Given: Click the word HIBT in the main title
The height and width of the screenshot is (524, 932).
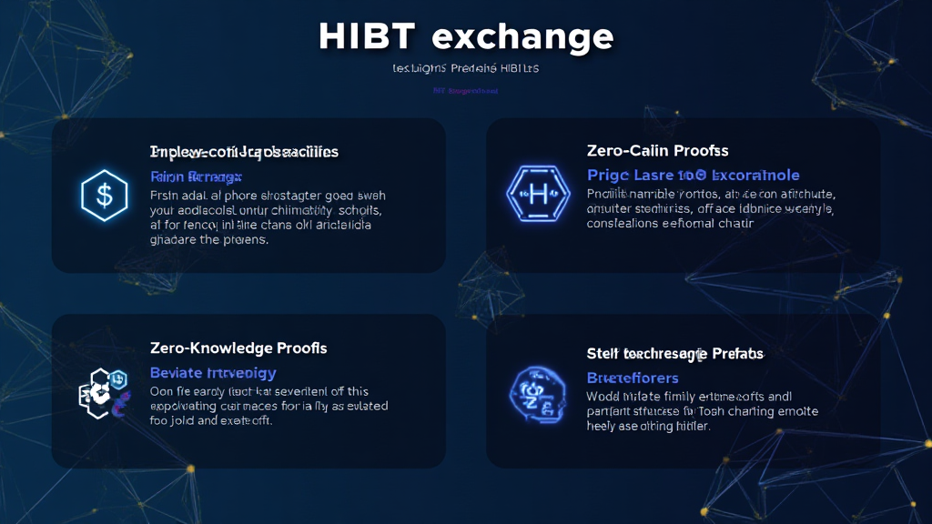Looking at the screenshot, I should [368, 36].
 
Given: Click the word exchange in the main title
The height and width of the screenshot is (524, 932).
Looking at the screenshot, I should [522, 36].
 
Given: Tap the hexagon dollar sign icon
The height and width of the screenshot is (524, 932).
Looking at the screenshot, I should [104, 195].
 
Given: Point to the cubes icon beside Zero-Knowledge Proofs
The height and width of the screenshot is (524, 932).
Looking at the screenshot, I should [102, 393].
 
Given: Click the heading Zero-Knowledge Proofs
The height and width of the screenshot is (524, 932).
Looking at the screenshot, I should [238, 348].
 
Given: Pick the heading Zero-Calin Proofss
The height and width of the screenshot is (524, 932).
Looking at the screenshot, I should [658, 151].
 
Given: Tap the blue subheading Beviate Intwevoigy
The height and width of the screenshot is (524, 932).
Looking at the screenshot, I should [212, 373].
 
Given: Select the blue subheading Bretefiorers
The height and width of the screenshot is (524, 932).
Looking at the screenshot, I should [633, 378].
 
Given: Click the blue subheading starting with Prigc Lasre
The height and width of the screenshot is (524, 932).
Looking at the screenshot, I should [693, 175].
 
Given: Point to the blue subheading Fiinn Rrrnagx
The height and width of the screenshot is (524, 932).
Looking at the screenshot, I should [196, 176].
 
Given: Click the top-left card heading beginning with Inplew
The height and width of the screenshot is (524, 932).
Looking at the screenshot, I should [244, 152].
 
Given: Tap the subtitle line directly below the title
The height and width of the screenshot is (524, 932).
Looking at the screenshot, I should [466, 69].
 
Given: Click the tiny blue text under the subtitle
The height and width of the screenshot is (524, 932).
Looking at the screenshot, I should [466, 91].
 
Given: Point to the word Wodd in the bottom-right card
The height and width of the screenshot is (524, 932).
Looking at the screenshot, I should [604, 397].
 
